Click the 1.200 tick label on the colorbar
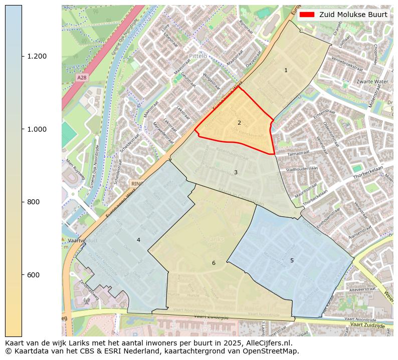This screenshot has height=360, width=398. coord(38,56)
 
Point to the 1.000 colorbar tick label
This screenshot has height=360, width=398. coord(38,129)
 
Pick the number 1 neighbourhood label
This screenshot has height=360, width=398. coord(286,71)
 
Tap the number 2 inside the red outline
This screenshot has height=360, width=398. coord(239,123)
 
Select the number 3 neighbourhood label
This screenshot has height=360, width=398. coord(236,173)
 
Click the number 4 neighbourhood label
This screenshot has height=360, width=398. coord(138,240)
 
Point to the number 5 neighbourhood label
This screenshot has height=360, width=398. coord(292,260)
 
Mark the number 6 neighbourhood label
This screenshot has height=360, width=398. coord(214,263)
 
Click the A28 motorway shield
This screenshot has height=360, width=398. coord(82,78)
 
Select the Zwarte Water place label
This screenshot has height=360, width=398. coord(372,82)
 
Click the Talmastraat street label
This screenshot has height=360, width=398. coord(300,154)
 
